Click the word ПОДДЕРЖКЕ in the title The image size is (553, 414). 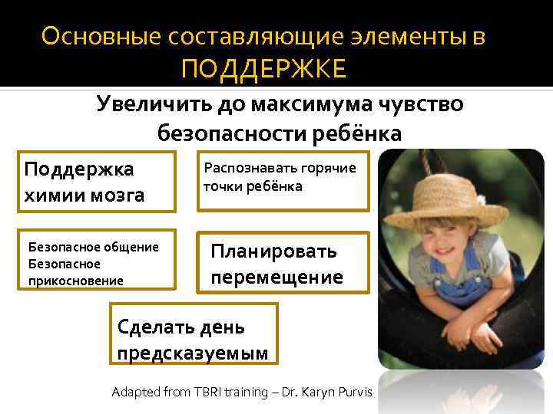pos(264,70)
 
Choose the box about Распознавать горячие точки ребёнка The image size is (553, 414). pos(282,180)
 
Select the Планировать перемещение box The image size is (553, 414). pos(282,263)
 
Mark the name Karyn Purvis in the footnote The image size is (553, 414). pos(338,392)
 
